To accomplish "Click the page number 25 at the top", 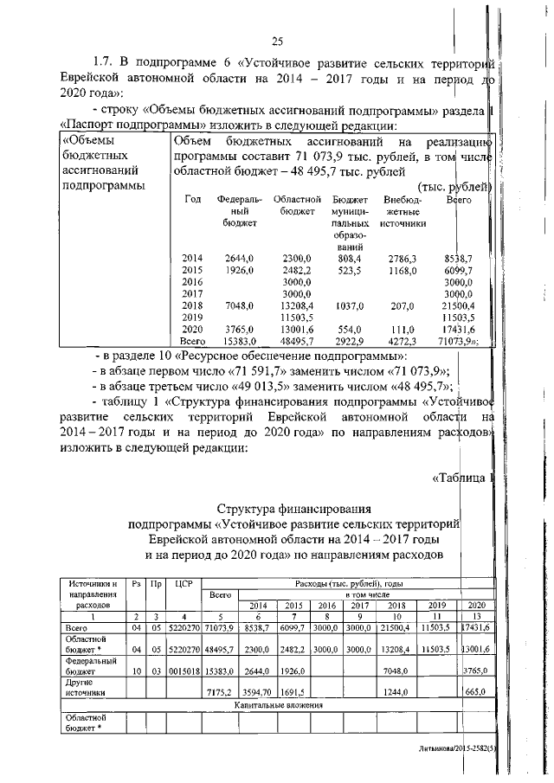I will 277,41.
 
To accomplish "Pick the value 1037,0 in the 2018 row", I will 350,306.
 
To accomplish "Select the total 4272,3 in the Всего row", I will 403,343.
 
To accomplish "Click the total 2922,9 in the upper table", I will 350,343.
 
